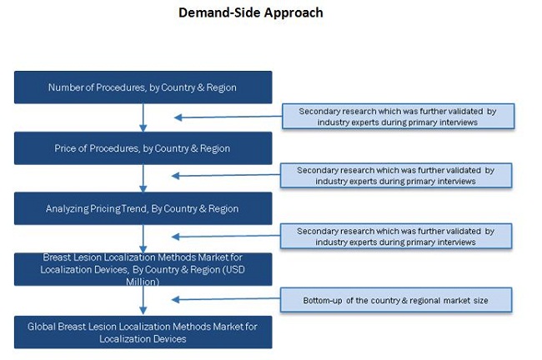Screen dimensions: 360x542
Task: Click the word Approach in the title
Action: tap(291, 12)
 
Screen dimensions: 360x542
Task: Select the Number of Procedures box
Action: tap(143, 87)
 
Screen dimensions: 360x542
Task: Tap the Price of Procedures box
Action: tap(143, 147)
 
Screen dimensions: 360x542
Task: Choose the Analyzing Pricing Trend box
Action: tap(143, 208)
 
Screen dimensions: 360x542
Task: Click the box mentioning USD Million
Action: tap(143, 269)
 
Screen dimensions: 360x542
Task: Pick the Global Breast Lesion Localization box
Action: tap(143, 332)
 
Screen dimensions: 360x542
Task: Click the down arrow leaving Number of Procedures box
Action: tap(143, 117)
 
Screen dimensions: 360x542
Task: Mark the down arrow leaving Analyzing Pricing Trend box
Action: tap(143, 238)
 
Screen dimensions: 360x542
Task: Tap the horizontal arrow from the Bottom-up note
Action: tap(225, 300)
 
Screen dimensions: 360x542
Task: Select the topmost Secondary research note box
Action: tap(398, 116)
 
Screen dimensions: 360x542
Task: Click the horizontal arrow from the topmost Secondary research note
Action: tap(225, 117)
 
